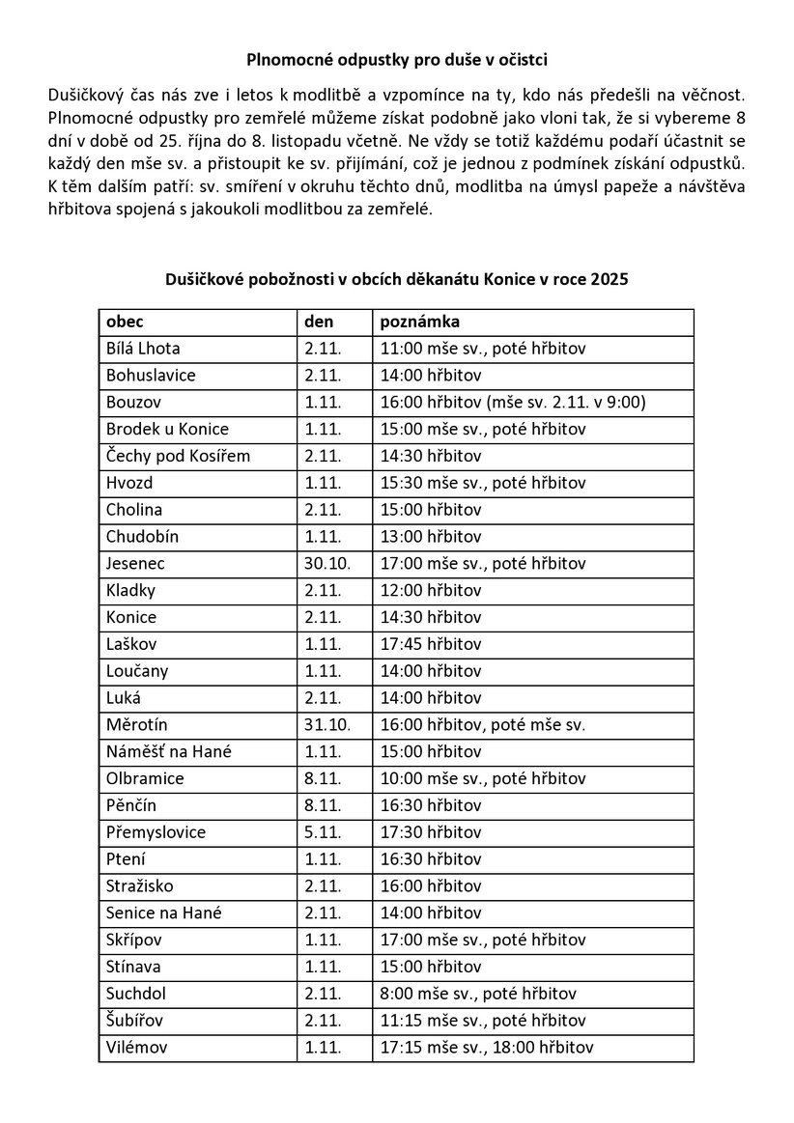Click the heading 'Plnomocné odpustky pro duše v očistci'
pos(397,60)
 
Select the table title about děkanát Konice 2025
pos(397,280)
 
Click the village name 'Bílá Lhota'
pos(144,349)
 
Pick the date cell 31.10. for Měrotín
pos(325,724)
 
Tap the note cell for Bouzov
pos(513,402)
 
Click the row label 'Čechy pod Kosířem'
pos(178,456)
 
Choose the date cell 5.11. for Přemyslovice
pos(320,831)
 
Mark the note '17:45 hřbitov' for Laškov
pos(431,643)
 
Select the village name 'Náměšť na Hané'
pos(169,750)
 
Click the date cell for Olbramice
pos(320,777)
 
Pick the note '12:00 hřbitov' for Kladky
pos(431,590)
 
